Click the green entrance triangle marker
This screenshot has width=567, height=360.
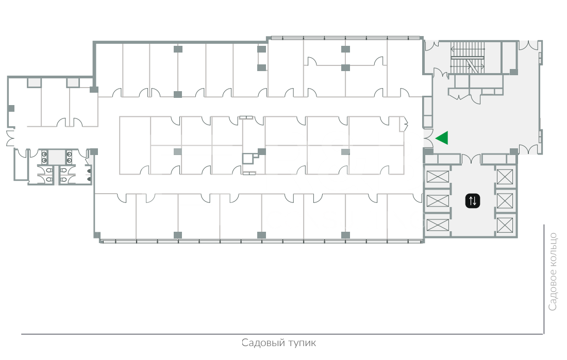coord(443,138)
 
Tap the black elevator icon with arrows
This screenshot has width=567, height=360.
coord(473,201)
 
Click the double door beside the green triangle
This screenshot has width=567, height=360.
coord(428,138)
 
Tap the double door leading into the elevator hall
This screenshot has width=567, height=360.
coord(471,159)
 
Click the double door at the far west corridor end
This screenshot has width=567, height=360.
coord(10,138)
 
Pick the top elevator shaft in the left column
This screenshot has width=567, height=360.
coord(438,177)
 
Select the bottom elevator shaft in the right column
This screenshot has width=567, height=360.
coord(505,225)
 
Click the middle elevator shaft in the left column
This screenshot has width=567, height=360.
coord(438,201)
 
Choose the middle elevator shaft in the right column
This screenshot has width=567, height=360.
coord(505,201)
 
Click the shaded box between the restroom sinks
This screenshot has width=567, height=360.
coord(56,157)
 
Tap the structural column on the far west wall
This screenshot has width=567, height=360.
coord(11,108)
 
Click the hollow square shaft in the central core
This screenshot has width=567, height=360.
coord(248,158)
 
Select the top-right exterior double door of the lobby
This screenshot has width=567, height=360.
coord(528,45)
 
